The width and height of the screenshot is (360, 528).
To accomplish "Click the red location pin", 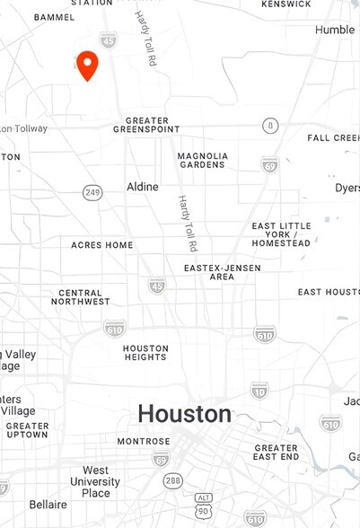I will (x=87, y=65).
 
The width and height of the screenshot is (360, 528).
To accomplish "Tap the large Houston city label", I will (x=184, y=414).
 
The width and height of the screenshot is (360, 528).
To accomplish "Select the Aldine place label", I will (x=142, y=187).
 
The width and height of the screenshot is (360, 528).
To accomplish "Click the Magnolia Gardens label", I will (x=203, y=160).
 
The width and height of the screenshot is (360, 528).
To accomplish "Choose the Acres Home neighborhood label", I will (x=102, y=245).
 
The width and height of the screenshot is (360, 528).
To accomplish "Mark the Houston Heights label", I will (x=145, y=353).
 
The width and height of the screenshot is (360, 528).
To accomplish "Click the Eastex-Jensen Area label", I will (x=209, y=272).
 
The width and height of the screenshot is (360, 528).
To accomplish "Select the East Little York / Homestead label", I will (x=281, y=234).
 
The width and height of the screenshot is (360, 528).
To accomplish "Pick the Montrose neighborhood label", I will (x=144, y=442).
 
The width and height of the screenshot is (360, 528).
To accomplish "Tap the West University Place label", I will (x=96, y=481).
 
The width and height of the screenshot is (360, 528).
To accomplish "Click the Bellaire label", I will (x=48, y=505).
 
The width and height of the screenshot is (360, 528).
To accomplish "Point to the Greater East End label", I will (x=276, y=453).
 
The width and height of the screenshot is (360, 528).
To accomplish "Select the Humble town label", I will (x=335, y=30).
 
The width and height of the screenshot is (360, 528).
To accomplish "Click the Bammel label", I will (x=55, y=17).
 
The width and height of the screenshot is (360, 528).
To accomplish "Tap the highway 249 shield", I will (x=92, y=192).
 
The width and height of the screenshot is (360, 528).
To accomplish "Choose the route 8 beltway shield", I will (x=270, y=126).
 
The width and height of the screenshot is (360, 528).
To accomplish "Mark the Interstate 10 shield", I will (x=259, y=390).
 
